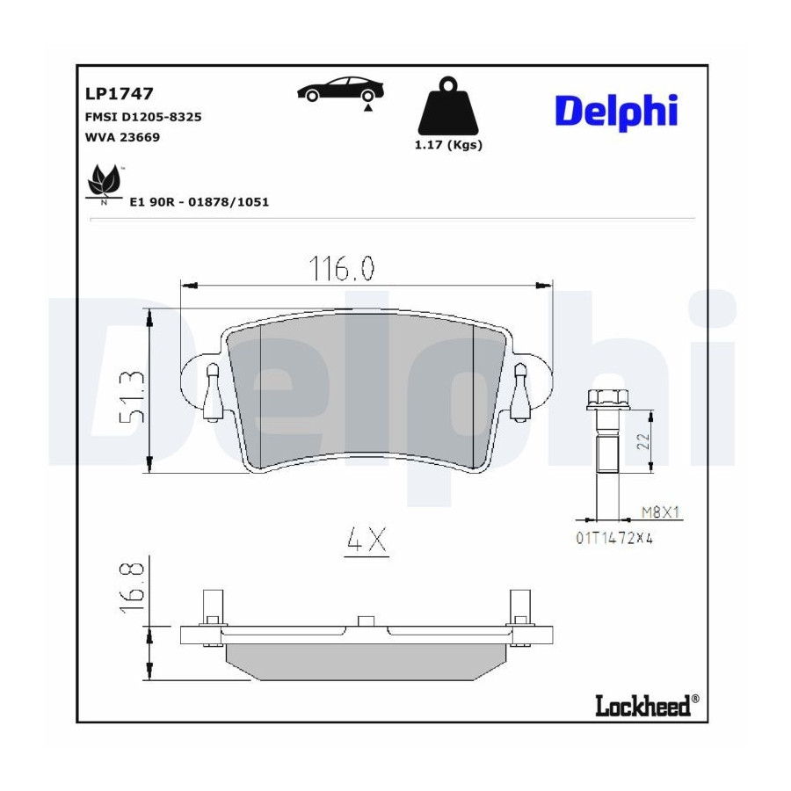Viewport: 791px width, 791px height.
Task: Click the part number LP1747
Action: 119,94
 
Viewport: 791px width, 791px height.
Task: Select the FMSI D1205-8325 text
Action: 143,117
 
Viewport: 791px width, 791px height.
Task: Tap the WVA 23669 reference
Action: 122,137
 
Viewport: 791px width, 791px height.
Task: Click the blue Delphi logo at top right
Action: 616,112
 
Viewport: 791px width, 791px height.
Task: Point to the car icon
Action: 340,90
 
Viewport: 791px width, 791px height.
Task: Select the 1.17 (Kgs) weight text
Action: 448,145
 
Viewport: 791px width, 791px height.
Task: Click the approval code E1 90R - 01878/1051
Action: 200,202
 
